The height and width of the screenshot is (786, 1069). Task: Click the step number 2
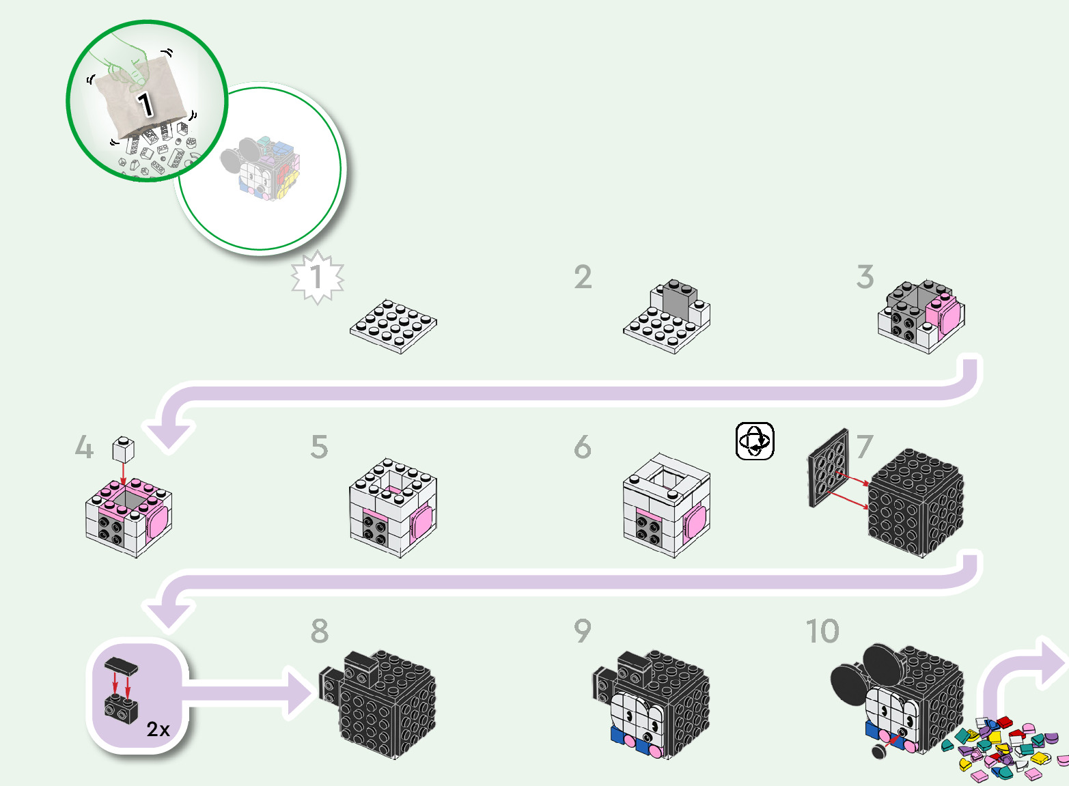point(583,277)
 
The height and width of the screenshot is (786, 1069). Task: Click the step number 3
point(865,277)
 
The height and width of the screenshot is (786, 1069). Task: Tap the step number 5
point(319,447)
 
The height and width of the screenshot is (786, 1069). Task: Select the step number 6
point(582,447)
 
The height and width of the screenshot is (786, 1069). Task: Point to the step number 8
point(319,631)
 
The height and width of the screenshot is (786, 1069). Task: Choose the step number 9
point(582,631)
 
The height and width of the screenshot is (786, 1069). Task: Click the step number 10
point(822,631)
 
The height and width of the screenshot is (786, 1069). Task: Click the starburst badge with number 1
point(317,277)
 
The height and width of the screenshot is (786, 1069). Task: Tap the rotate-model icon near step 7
point(755,441)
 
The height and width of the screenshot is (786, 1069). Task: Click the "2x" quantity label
point(158,729)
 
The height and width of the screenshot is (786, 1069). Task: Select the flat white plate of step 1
point(393,326)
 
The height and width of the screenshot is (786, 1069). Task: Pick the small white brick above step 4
point(123,449)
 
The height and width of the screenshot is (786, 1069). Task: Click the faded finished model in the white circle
point(260,168)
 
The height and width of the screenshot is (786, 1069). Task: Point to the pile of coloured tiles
point(1004,747)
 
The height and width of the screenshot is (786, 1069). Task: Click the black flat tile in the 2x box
point(121,665)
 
